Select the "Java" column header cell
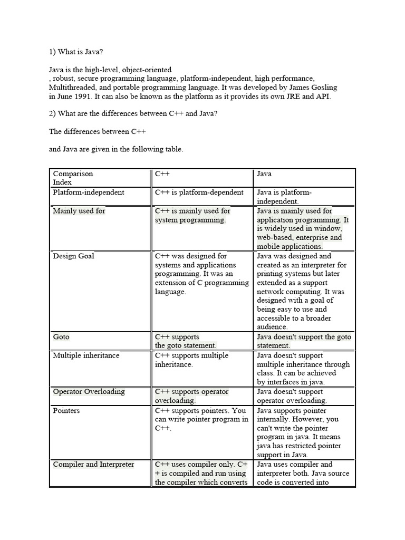pyautogui.click(x=265, y=173)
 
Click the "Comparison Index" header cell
pyautogui.click(x=73, y=178)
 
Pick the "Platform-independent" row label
pyautogui.click(x=89, y=192)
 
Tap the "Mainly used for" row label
pyautogui.click(x=79, y=211)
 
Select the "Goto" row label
pyautogui.click(x=61, y=337)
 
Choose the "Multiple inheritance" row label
pyautogui.click(x=86, y=355)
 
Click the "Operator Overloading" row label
pyautogui.click(x=89, y=392)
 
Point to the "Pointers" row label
pyautogui.click(x=66, y=411)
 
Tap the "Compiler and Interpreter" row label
pyautogui.click(x=93, y=465)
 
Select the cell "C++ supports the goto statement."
pyautogui.click(x=186, y=341)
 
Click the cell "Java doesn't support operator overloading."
pyautogui.click(x=292, y=396)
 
